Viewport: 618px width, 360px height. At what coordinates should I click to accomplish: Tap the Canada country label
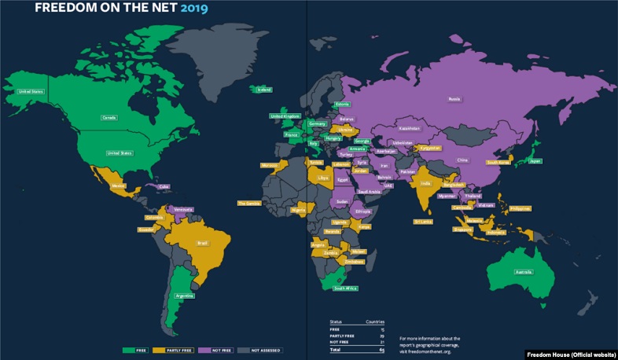click(109, 118)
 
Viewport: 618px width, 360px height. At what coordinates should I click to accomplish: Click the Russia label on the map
click(454, 99)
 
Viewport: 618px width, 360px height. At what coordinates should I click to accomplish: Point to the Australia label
click(524, 272)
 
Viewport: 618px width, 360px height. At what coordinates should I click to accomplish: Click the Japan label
click(535, 161)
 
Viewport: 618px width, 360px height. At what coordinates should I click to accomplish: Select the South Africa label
click(346, 288)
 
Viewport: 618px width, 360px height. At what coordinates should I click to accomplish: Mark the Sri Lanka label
click(424, 222)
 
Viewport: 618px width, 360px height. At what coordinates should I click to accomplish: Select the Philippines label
click(520, 208)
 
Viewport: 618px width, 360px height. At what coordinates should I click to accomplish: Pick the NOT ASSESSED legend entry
click(263, 349)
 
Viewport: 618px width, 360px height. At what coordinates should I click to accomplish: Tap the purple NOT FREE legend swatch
click(204, 349)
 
